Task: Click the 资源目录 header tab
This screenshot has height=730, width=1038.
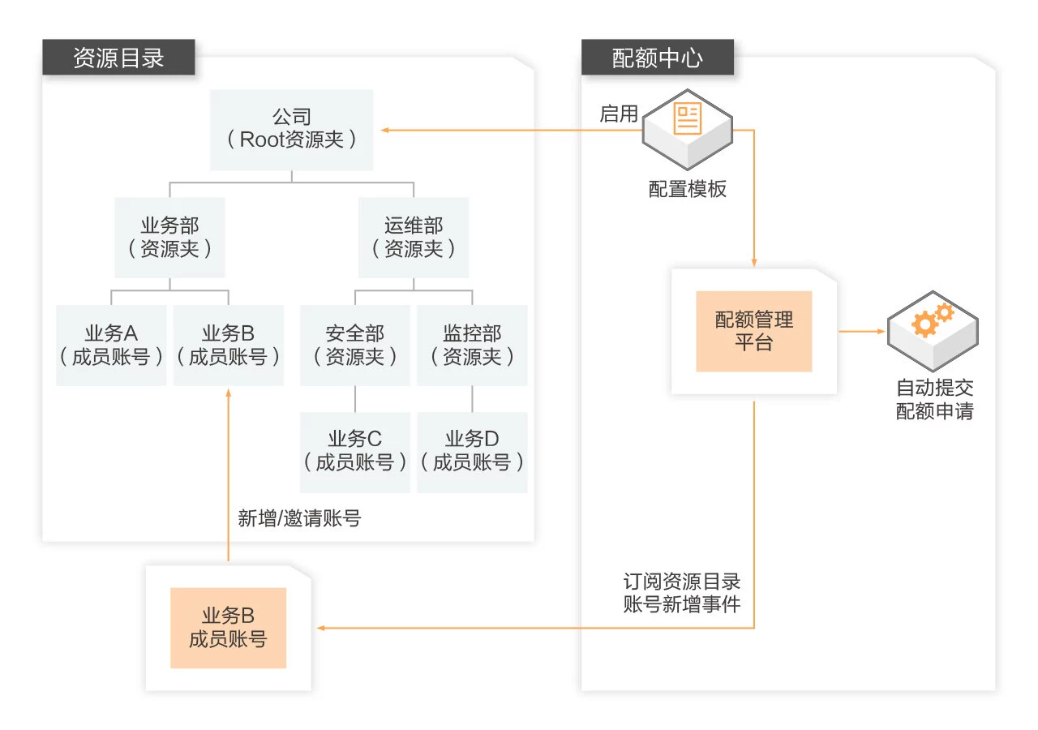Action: point(118,58)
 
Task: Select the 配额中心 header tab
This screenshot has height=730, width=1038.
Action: point(657,58)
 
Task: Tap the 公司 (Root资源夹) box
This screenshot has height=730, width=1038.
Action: point(291,130)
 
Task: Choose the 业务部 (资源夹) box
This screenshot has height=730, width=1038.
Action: point(169,238)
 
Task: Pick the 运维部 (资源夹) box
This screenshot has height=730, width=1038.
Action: point(414,238)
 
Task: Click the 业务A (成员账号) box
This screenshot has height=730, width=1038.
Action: point(111,345)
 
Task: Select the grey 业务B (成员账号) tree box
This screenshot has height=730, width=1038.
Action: point(229,345)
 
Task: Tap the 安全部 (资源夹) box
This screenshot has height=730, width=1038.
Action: point(355,345)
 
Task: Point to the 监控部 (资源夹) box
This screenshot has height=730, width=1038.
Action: point(472,345)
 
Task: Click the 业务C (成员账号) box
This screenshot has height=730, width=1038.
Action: point(355,452)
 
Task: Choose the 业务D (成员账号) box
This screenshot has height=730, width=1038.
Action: point(472,452)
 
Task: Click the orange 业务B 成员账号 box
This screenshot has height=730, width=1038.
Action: point(228,628)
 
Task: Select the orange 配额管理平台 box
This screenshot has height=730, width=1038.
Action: point(753,331)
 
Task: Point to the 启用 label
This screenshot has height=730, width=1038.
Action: point(619,114)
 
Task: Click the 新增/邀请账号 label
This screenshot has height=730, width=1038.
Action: point(299,519)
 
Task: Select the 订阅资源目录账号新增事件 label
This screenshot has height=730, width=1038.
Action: point(682,593)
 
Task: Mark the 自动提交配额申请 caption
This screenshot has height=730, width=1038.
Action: point(934,399)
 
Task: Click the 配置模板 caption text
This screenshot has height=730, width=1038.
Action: point(688,190)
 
